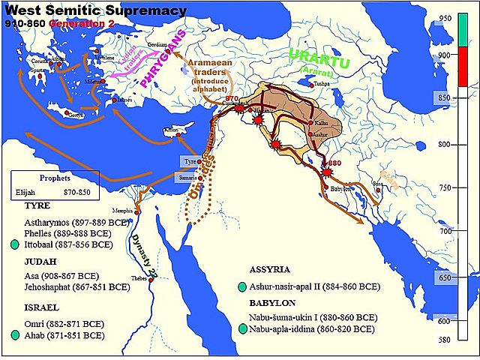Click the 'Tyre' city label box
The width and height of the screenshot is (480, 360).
[190, 161]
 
